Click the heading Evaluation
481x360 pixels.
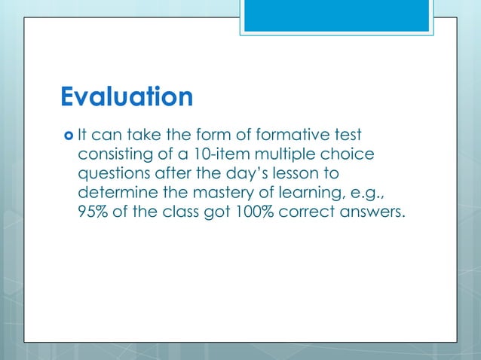[126, 97]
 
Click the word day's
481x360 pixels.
[240, 175]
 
